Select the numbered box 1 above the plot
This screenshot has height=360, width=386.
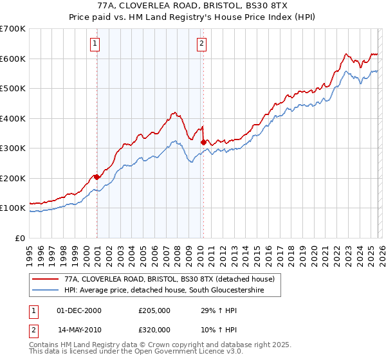click(x=95, y=44)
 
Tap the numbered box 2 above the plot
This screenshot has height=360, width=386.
click(x=201, y=44)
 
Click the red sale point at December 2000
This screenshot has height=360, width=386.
click(x=96, y=177)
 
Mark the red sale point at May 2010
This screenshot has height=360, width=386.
click(x=203, y=142)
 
